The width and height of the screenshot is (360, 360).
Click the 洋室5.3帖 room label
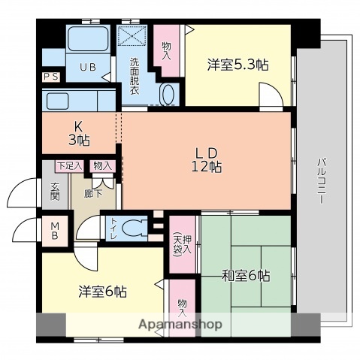[237, 65]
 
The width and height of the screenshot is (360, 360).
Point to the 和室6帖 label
[245, 276]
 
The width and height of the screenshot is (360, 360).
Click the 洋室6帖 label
[102, 292]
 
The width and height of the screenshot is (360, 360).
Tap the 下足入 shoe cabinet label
[69, 165]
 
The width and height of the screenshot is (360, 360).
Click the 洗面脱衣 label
[135, 76]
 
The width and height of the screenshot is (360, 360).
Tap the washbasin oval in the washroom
[168, 94]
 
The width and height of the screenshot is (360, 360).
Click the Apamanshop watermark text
[180, 325]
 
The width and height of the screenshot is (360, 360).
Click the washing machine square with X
[133, 37]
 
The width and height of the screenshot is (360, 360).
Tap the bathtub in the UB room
[88, 39]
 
